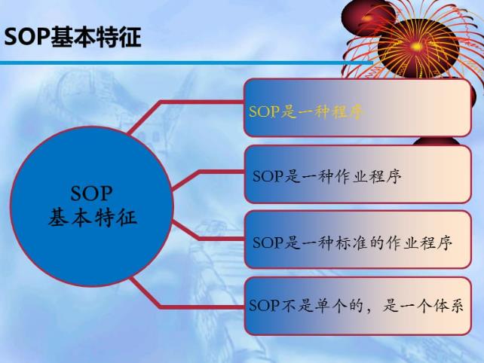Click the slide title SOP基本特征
pyautogui.click(x=73, y=38)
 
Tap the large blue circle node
pyautogui.click(x=92, y=206)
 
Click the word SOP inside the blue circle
pyautogui.click(x=91, y=194)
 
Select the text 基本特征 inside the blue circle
pyautogui.click(x=92, y=218)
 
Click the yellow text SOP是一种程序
pyautogui.click(x=306, y=111)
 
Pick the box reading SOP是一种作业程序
pyautogui.click(x=358, y=174)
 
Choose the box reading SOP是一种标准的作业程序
pyautogui.click(x=358, y=239)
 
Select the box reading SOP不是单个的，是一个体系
pyautogui.click(x=358, y=306)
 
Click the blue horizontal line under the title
pyautogui.click(x=186, y=63)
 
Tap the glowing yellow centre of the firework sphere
pyautogui.click(x=416, y=47)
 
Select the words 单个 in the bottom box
pyautogui.click(x=328, y=306)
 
